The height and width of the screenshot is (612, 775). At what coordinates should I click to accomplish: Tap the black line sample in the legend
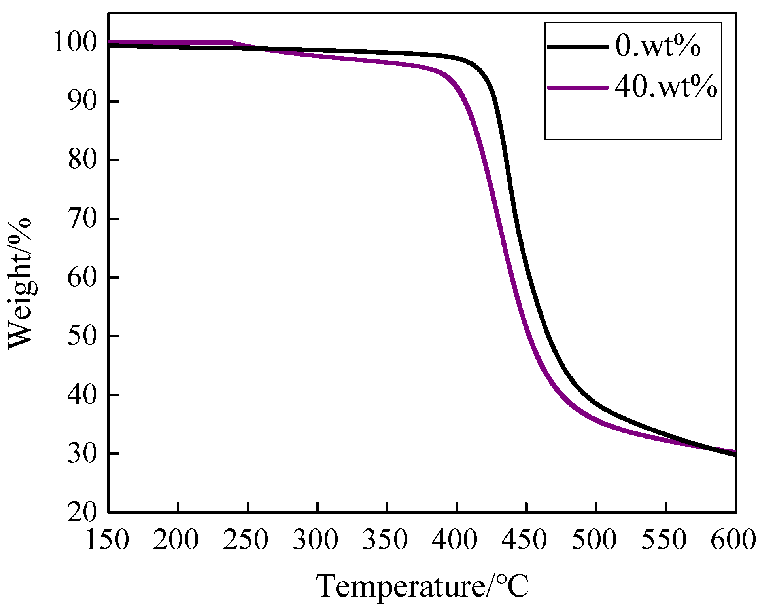(x=578, y=47)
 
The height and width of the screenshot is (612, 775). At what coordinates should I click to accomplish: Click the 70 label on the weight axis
(x=82, y=219)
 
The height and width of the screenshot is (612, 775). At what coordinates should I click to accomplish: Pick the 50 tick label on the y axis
(x=82, y=336)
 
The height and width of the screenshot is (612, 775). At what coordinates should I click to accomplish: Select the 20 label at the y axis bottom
(x=82, y=513)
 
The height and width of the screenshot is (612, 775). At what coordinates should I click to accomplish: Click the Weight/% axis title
(x=20, y=283)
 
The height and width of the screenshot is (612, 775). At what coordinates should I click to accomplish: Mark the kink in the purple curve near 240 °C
(x=232, y=42)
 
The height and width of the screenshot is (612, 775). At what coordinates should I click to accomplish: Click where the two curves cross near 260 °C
(x=260, y=48)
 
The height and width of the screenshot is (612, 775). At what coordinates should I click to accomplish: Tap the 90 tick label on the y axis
(x=82, y=101)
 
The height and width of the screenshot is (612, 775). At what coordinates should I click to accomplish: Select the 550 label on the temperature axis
(x=664, y=540)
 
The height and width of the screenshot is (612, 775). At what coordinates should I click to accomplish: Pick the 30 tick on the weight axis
(x=82, y=454)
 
